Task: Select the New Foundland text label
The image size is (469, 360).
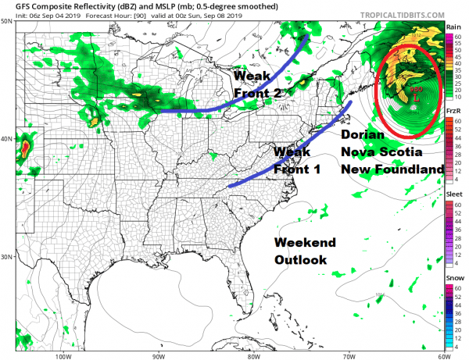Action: click(x=392, y=169)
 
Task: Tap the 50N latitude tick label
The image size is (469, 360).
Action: click(x=7, y=21)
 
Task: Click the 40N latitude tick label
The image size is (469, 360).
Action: click(x=7, y=139)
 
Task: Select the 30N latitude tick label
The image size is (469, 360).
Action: click(x=7, y=257)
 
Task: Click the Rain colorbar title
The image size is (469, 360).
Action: click(x=453, y=27)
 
